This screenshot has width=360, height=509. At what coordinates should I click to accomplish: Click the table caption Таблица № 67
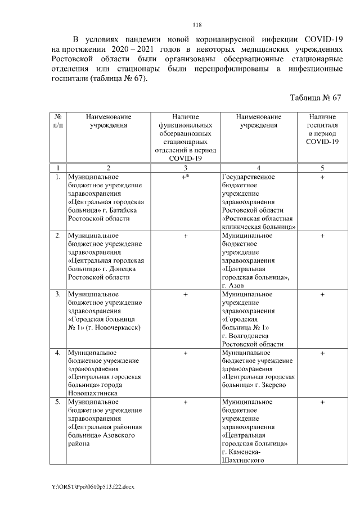[315, 97]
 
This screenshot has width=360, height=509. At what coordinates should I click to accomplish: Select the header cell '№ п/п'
[57, 121]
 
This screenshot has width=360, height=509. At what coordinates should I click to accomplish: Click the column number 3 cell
[185, 168]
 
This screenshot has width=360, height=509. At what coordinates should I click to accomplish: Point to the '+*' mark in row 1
[185, 177]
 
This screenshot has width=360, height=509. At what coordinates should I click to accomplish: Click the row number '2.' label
[58, 236]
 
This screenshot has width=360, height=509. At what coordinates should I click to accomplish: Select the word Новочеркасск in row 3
[118, 327]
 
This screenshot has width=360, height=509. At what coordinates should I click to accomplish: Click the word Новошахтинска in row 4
[92, 394]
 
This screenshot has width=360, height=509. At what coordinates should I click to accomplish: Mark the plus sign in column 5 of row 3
[322, 294]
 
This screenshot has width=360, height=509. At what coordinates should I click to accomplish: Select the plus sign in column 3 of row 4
[185, 353]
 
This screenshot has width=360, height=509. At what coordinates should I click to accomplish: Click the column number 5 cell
[322, 168]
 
